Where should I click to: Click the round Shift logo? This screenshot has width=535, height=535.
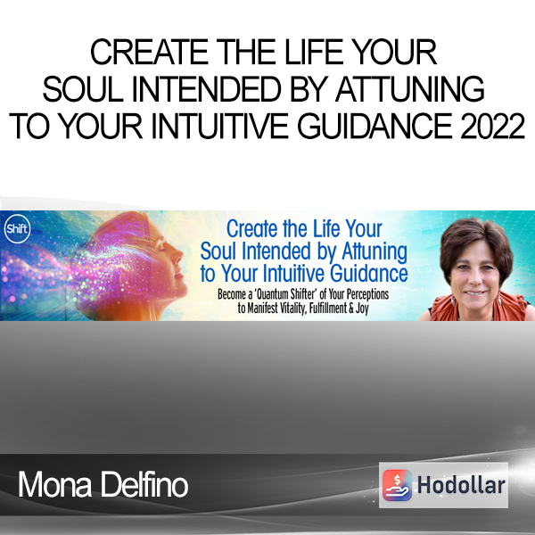point(18,228)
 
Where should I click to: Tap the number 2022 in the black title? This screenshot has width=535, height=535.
point(492,127)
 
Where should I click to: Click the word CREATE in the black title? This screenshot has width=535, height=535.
point(149,52)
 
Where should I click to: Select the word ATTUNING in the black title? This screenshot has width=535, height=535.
point(410,89)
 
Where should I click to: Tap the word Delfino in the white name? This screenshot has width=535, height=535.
point(144,484)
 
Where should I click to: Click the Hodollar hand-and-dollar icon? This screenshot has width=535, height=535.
point(397,485)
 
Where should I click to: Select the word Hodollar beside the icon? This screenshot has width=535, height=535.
point(461,485)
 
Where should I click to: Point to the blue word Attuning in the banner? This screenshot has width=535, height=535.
point(374,251)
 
